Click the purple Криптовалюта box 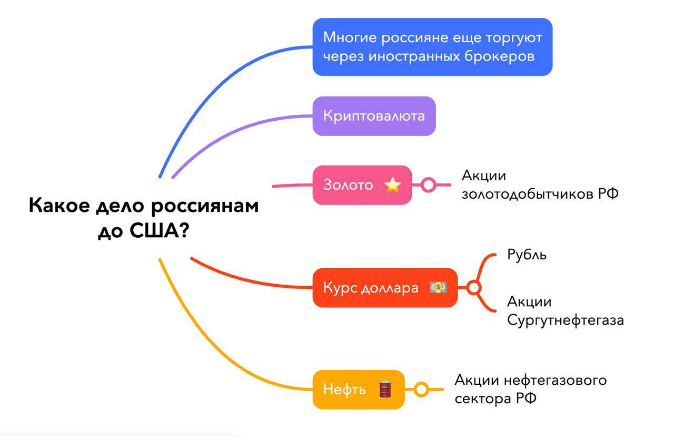coord(374,116)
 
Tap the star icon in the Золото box coord(393,185)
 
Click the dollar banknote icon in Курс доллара coord(438,287)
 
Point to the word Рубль coord(527,255)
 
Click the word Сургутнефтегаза coord(566,320)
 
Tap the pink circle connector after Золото coord(429,185)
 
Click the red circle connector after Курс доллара coord(473,288)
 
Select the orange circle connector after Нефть coord(421,390)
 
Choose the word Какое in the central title coord(59,205)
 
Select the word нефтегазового coord(556,380)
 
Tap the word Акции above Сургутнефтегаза coord(529,302)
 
